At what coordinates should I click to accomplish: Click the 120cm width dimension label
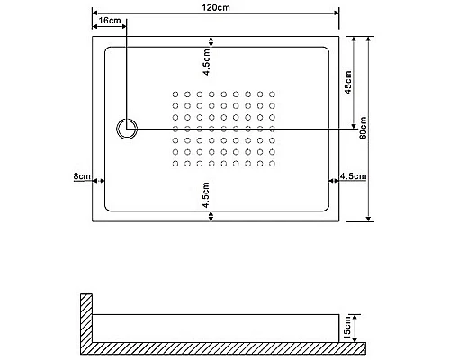[215, 8]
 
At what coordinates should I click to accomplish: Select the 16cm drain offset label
[109, 20]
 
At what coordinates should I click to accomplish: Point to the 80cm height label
[361, 130]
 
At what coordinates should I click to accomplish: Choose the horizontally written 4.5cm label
[355, 177]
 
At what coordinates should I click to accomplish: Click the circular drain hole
[127, 129]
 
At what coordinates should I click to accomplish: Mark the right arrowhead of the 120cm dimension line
[336, 15]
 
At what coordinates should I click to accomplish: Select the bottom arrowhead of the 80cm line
[369, 220]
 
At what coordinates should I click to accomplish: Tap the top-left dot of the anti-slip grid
[175, 94]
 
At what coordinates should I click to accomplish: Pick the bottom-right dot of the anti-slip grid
[272, 163]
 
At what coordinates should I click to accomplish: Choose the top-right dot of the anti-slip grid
[272, 94]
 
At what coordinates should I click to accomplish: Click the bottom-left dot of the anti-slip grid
[175, 163]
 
